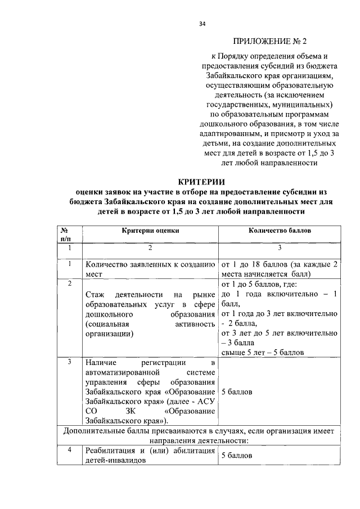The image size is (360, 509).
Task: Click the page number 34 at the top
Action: pyautogui.click(x=202, y=24)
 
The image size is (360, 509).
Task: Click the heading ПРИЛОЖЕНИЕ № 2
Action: pyautogui.click(x=271, y=41)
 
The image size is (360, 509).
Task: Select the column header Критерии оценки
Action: pyautogui.click(x=150, y=231)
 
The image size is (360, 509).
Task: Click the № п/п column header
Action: pyautogui.click(x=69, y=235)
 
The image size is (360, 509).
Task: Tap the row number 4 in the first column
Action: pyautogui.click(x=69, y=449)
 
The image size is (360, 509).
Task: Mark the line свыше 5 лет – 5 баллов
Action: pyautogui.click(x=263, y=352)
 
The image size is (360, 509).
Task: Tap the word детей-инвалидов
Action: pyautogui.click(x=114, y=460)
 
